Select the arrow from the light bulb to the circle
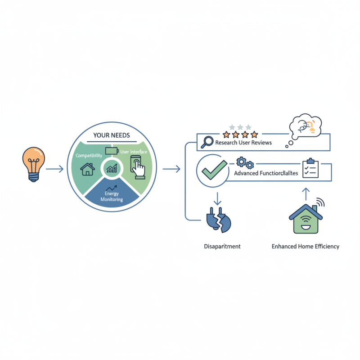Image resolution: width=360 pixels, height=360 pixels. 55,169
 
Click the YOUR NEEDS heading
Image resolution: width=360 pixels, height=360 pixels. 111,135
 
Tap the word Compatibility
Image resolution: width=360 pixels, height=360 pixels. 89,155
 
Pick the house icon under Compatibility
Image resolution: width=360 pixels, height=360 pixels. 87,169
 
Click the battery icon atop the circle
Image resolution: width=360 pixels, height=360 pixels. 111,150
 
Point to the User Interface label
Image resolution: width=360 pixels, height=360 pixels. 134,152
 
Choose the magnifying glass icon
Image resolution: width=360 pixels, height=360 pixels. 207,142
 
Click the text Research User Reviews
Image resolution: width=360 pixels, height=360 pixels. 243,143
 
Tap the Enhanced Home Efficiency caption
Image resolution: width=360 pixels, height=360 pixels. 306,246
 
